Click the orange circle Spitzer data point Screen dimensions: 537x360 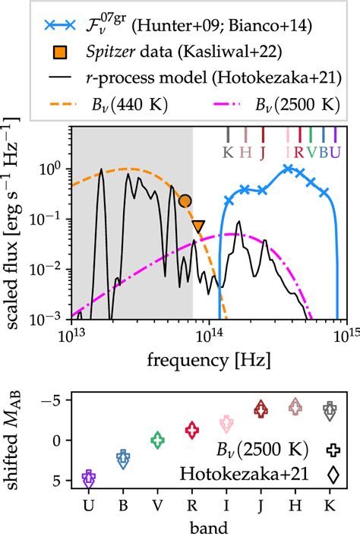coord(185,201)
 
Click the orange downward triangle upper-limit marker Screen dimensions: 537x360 coord(198,226)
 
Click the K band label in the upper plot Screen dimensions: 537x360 coord(227,151)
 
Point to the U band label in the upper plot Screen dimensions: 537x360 coord(335,151)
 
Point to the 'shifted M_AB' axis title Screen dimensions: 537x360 coord(16,440)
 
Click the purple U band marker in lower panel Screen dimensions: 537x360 coord(89,479)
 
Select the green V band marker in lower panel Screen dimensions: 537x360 coord(157,440)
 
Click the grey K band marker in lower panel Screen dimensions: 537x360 coord(330,412)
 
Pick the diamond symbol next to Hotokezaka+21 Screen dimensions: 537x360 coord(332,474)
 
